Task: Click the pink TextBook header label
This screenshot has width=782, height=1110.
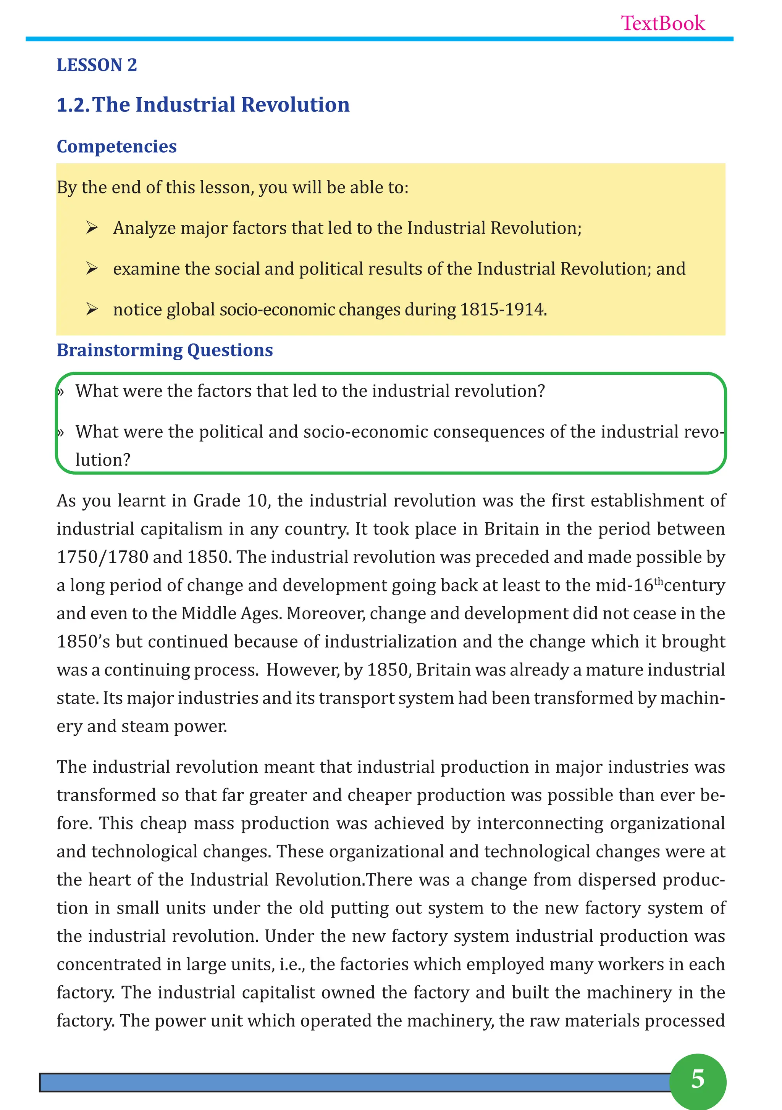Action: point(662,23)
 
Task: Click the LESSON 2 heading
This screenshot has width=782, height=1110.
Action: point(97,65)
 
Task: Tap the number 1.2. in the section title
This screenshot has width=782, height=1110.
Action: point(73,105)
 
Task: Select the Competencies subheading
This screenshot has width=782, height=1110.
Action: point(116,147)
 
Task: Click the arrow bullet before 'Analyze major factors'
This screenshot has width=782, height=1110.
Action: point(92,227)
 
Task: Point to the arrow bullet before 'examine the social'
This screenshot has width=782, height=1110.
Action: point(92,268)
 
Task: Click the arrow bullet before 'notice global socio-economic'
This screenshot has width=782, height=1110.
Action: point(92,309)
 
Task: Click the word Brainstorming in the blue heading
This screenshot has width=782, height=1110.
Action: point(119,350)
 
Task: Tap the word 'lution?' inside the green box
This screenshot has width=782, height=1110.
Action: point(103,459)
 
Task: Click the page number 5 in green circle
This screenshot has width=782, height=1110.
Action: point(697,1079)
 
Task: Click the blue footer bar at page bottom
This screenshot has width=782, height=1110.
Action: point(353,1082)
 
